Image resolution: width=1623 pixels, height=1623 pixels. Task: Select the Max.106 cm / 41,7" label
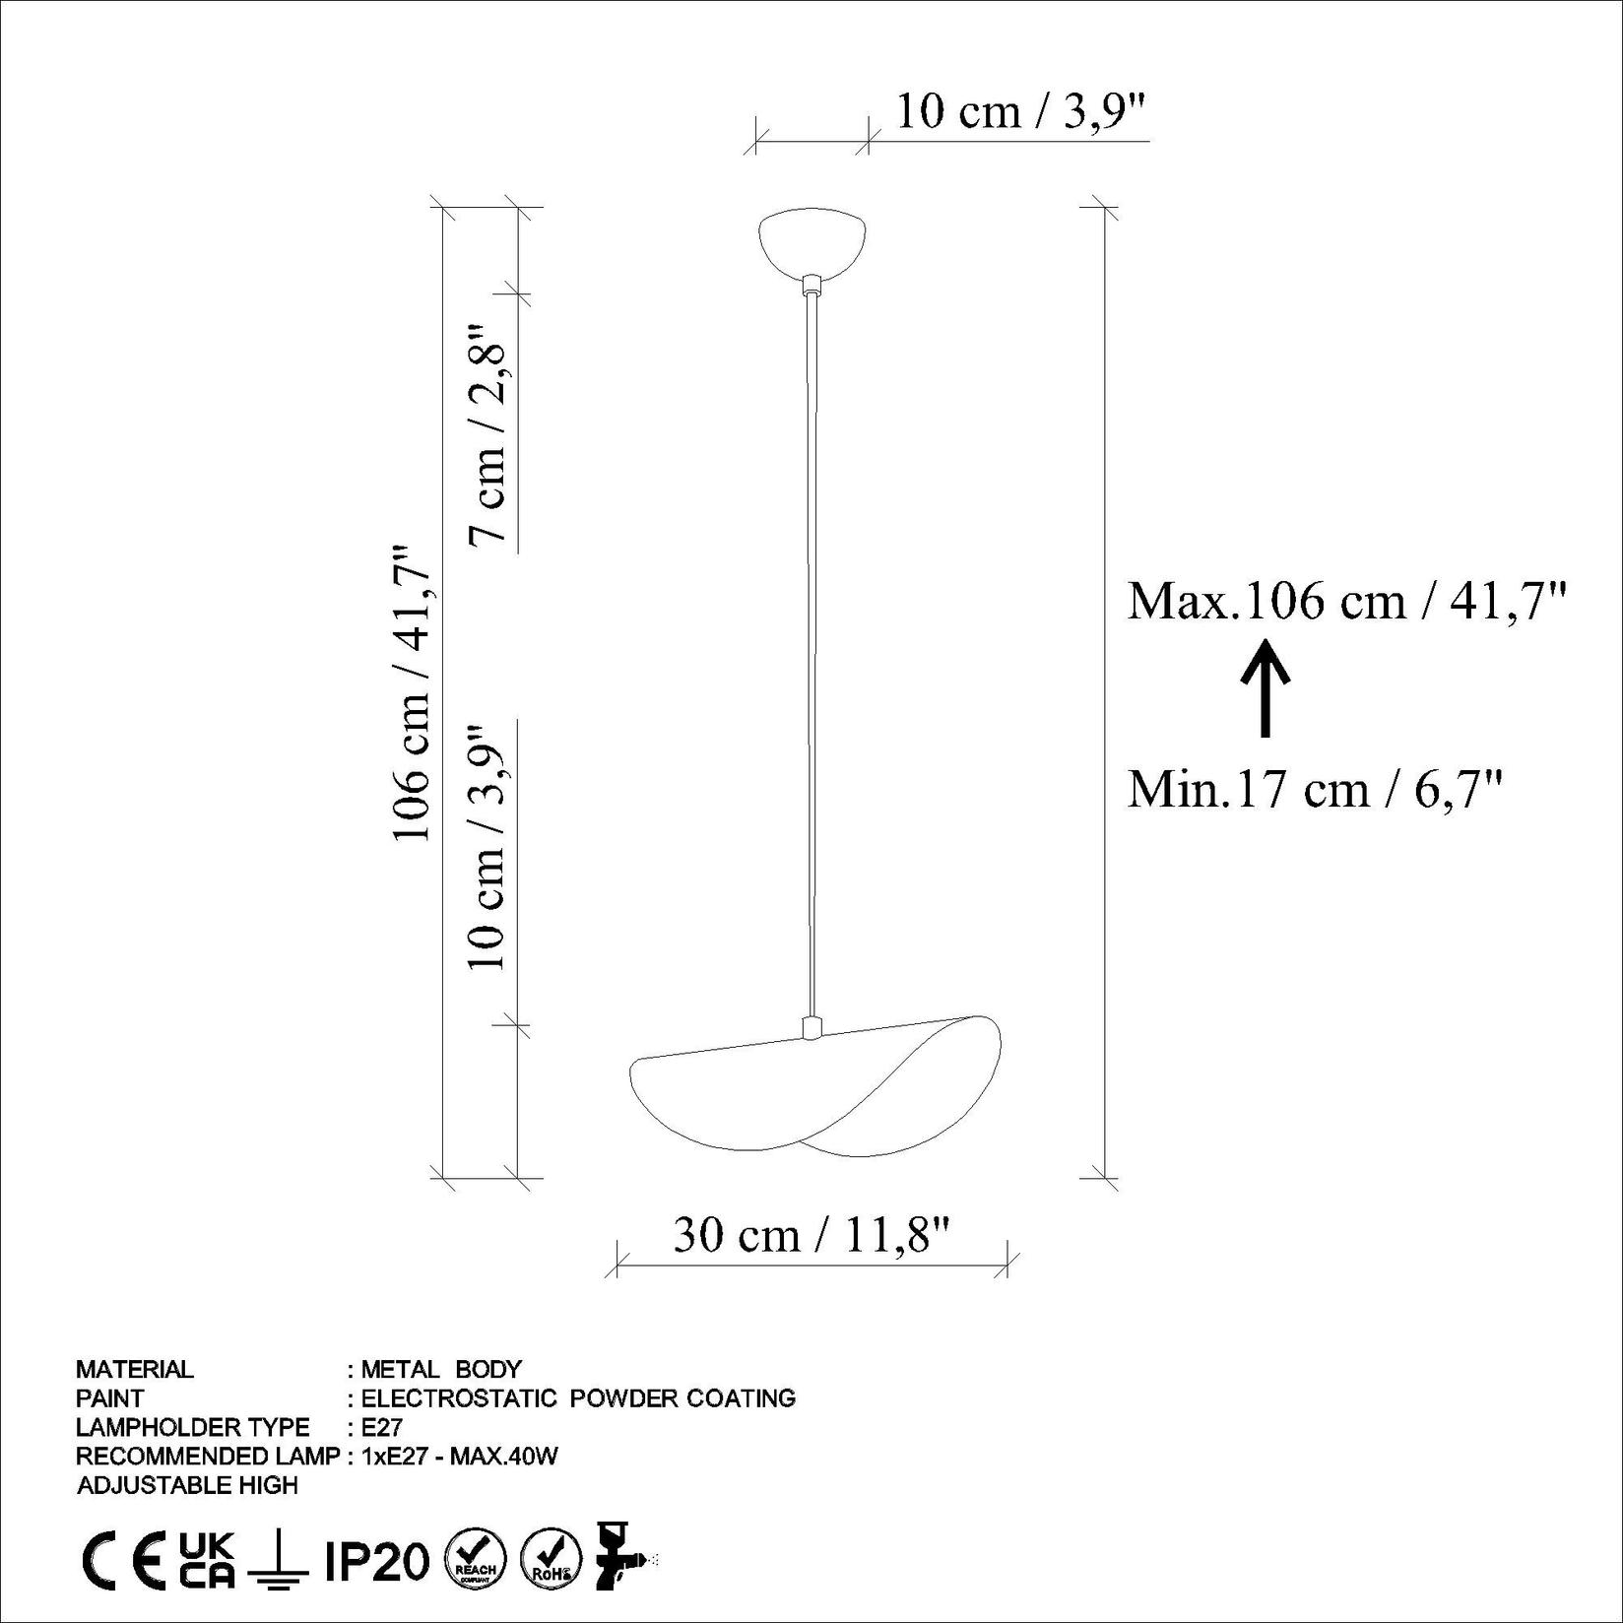point(1346,600)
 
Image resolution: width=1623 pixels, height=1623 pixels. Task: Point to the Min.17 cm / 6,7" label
point(1315,789)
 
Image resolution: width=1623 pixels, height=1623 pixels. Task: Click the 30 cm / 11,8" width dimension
point(811,1234)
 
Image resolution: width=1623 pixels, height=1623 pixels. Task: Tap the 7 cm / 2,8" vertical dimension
point(489,433)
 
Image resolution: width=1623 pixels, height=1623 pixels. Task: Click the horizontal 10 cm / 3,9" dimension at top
point(1021,112)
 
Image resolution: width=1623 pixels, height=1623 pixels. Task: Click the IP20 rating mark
point(377,1562)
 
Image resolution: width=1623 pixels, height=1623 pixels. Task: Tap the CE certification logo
point(122,1563)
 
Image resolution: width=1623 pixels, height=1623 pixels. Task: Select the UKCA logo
point(207,1562)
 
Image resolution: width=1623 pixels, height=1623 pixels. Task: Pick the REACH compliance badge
point(476,1562)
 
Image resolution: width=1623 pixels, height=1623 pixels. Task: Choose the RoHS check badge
point(551,1562)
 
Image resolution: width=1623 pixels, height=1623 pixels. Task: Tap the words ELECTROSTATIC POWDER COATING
point(578,1397)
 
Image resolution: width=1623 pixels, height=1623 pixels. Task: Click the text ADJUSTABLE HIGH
point(187,1485)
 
